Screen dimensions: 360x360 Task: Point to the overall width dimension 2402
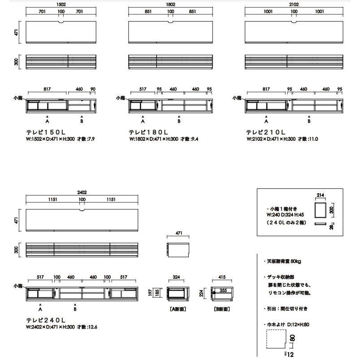[x=82, y=192]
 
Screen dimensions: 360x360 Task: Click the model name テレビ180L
[x=148, y=133]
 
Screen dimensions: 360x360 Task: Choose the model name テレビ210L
[x=265, y=133]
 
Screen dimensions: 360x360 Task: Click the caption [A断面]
[x=178, y=309]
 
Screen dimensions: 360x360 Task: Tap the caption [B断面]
[x=222, y=309]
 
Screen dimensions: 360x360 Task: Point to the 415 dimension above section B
[x=221, y=278]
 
